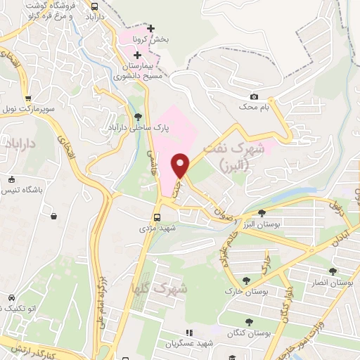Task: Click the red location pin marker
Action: tap(181, 165)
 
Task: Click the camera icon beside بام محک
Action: tap(255, 96)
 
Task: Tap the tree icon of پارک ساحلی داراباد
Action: tap(137, 117)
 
